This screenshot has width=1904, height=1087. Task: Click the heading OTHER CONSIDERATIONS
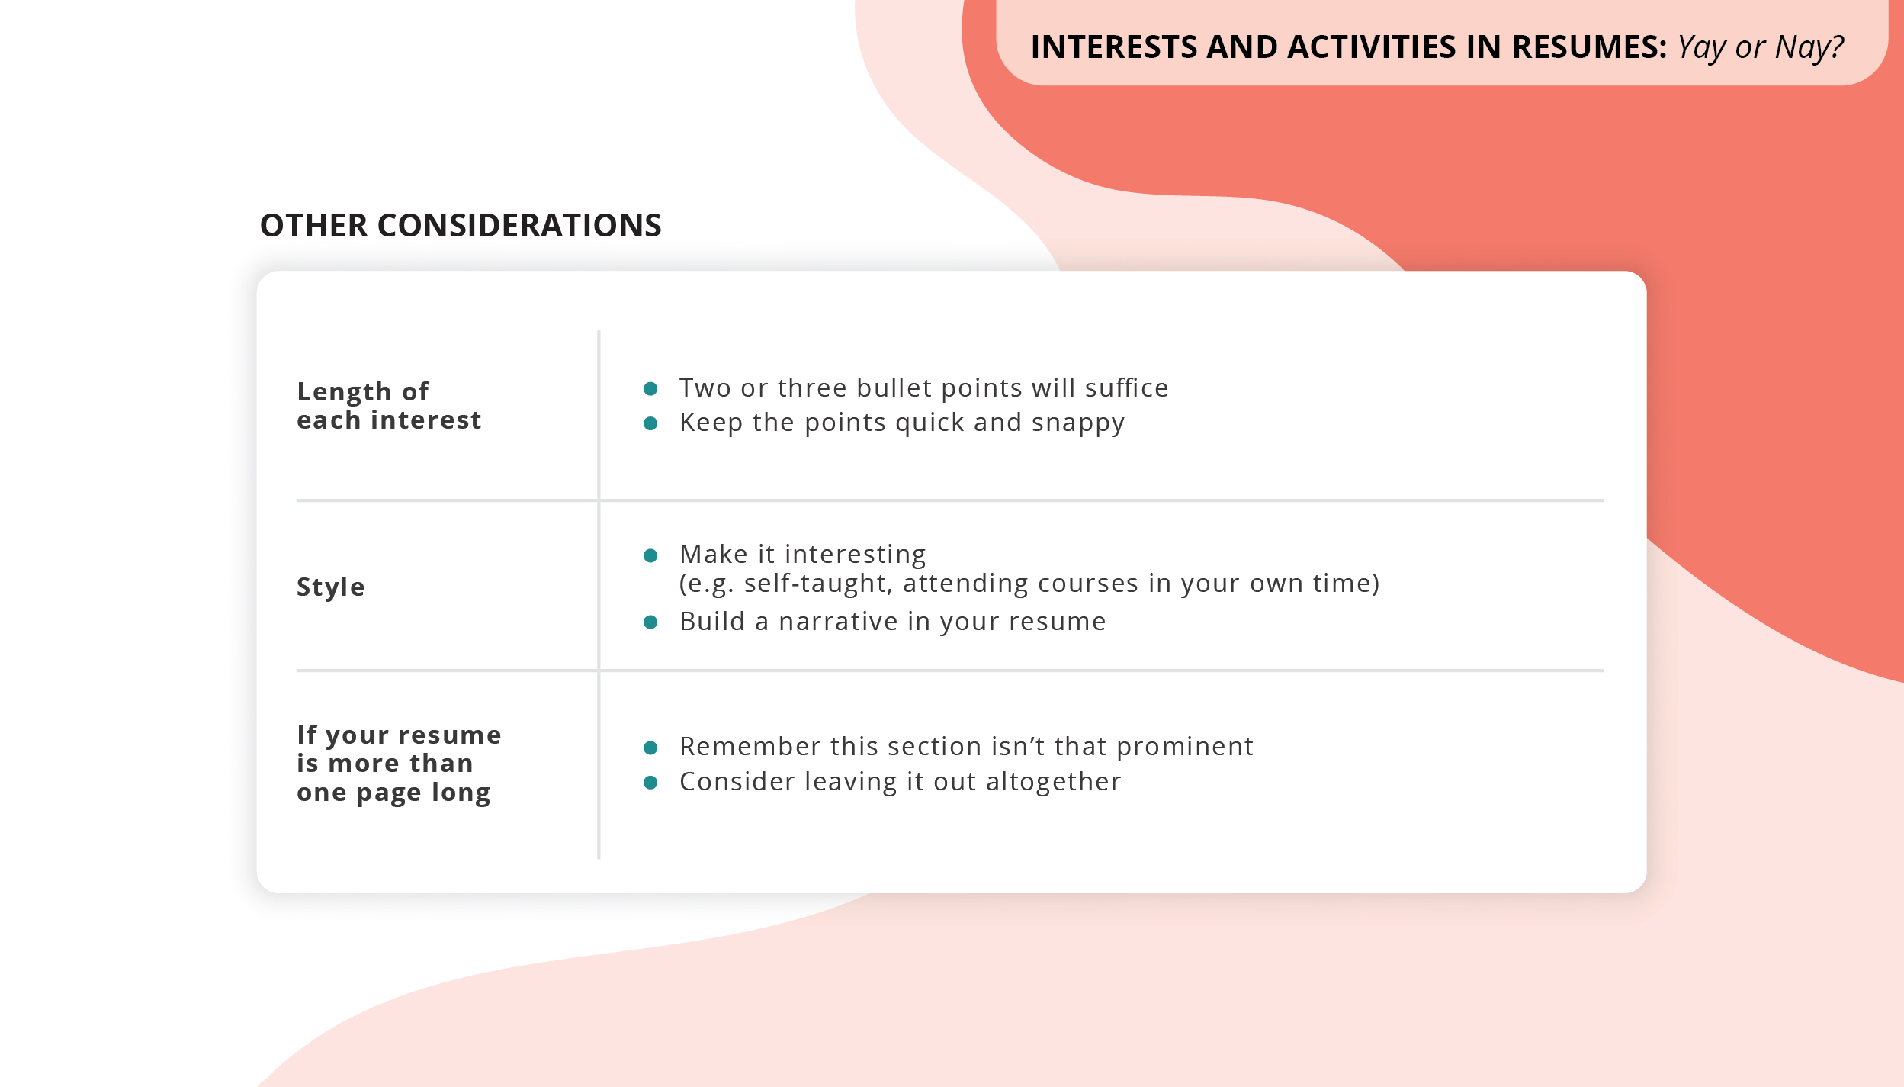461,226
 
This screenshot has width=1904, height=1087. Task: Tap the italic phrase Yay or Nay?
1760,47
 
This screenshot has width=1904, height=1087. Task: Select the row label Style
330,587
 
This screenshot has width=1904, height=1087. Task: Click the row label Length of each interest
388,406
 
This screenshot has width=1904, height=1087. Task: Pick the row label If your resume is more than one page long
398,764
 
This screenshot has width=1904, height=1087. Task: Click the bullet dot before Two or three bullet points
650,389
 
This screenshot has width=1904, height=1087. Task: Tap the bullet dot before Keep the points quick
650,423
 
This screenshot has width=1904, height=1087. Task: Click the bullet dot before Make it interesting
650,555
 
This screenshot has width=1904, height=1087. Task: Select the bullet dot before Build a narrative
650,622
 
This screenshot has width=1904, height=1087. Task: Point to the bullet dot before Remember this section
650,748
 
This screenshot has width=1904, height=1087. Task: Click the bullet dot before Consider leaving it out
650,783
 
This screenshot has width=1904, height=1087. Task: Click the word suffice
1126,388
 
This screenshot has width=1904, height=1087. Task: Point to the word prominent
1184,747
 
